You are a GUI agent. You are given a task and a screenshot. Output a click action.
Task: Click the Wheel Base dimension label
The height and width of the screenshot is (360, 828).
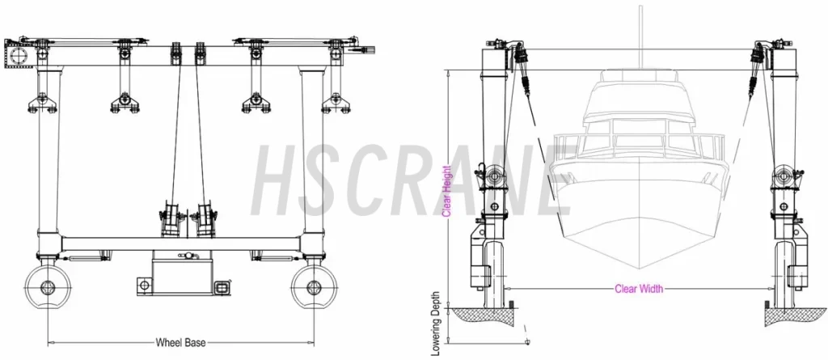tap(180, 342)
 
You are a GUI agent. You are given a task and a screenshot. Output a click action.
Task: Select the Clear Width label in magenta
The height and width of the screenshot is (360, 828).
tap(639, 289)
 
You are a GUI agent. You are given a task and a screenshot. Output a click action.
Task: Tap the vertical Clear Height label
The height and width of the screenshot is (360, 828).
tap(446, 192)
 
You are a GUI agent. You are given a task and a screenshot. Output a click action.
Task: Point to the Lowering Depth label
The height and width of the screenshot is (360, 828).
tap(436, 323)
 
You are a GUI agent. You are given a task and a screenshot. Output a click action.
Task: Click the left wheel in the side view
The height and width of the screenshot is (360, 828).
tap(48, 287)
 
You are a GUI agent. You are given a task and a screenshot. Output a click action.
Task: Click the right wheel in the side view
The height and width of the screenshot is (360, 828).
tap(314, 287)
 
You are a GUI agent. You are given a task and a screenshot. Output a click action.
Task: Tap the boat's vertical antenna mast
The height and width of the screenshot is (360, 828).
tap(640, 37)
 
